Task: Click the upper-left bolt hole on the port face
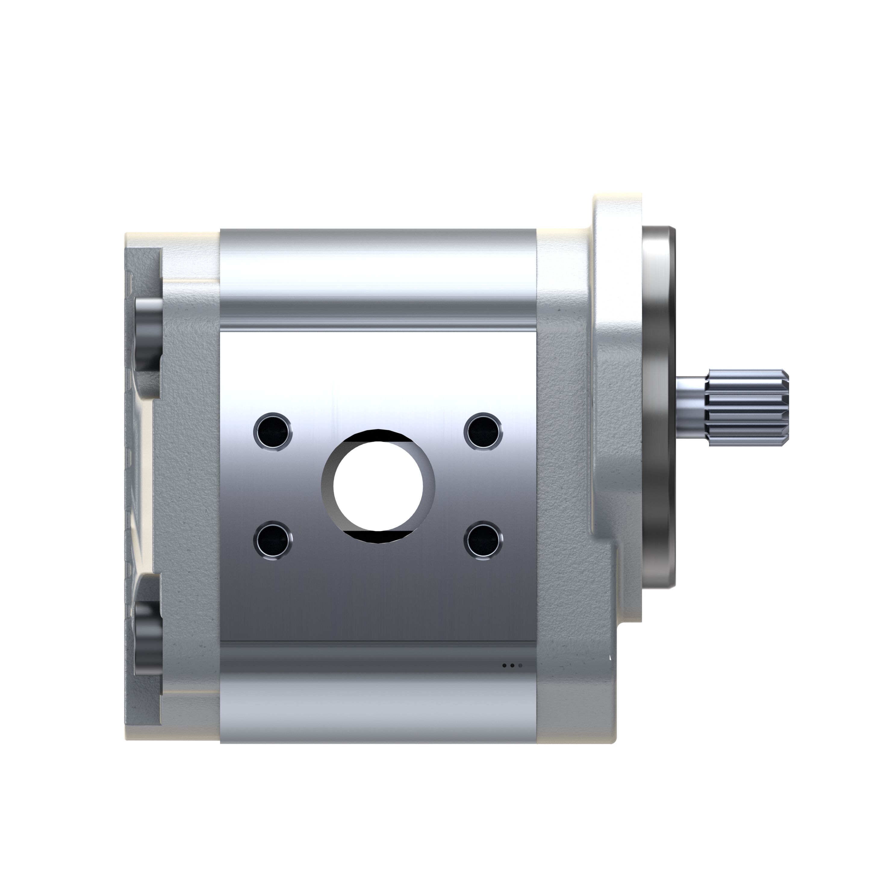tap(273, 431)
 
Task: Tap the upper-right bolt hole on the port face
tap(483, 431)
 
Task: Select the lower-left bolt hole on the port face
tap(273, 540)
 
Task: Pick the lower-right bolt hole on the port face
tap(483, 540)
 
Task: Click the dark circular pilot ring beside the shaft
tap(658, 408)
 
